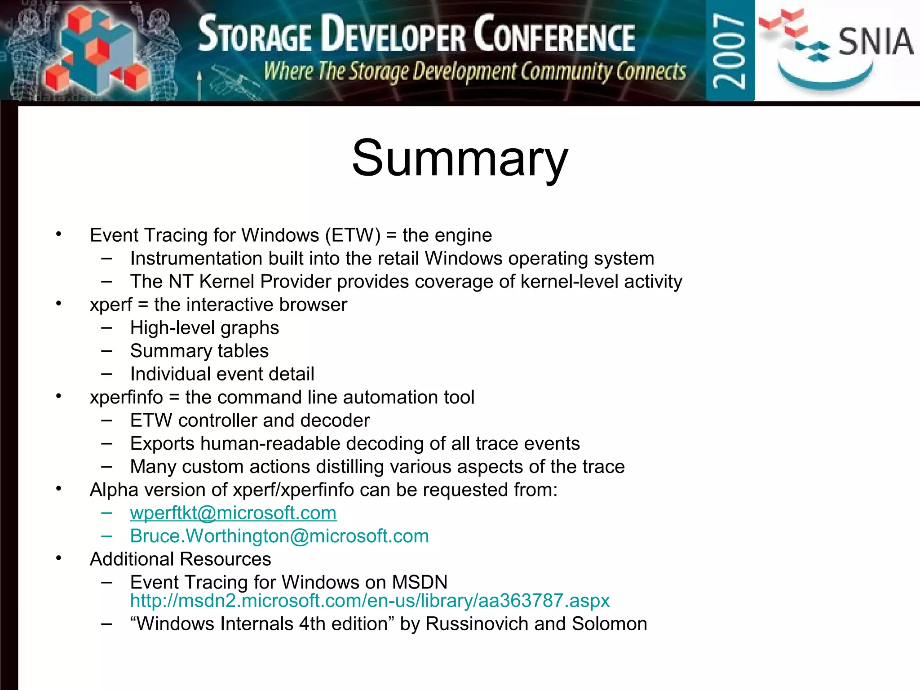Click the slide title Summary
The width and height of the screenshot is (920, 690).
(460, 158)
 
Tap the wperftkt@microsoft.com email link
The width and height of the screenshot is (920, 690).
(233, 513)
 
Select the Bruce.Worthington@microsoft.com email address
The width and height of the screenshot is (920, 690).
(279, 536)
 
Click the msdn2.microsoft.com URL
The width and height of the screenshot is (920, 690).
(370, 601)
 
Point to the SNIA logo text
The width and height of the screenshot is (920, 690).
(875, 41)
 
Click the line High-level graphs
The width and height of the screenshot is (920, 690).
(204, 328)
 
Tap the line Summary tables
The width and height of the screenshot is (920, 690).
(199, 351)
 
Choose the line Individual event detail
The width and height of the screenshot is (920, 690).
(222, 374)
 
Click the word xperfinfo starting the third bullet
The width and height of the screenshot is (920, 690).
(126, 398)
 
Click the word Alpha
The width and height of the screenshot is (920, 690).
(114, 490)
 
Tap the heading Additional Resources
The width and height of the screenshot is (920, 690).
(180, 559)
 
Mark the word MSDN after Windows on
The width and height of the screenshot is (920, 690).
(420, 582)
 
